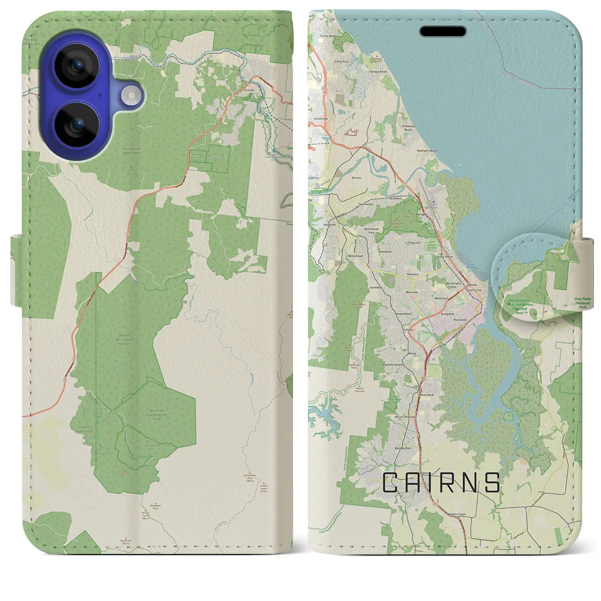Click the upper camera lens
pos(77,66)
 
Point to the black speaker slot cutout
pos(443,31)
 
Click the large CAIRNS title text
pos(441,483)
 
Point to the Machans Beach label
pos(426,151)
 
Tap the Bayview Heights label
pos(393,364)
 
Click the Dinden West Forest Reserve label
pos(124,340)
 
